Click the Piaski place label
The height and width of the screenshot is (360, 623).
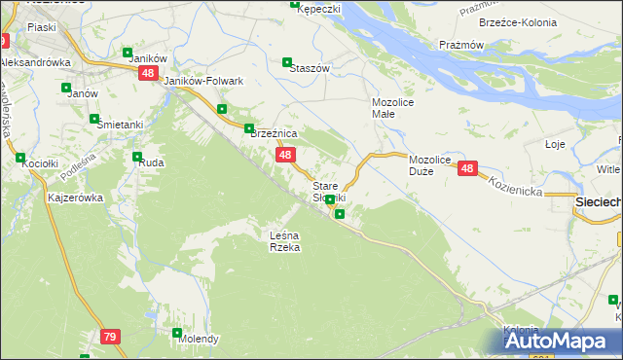[42, 28]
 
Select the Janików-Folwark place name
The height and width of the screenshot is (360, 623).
[203, 81]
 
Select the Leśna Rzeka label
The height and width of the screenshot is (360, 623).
[285, 241]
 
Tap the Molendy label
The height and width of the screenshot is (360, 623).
[198, 340]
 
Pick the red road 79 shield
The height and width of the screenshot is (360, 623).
[110, 337]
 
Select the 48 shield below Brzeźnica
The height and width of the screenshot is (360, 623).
[284, 155]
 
